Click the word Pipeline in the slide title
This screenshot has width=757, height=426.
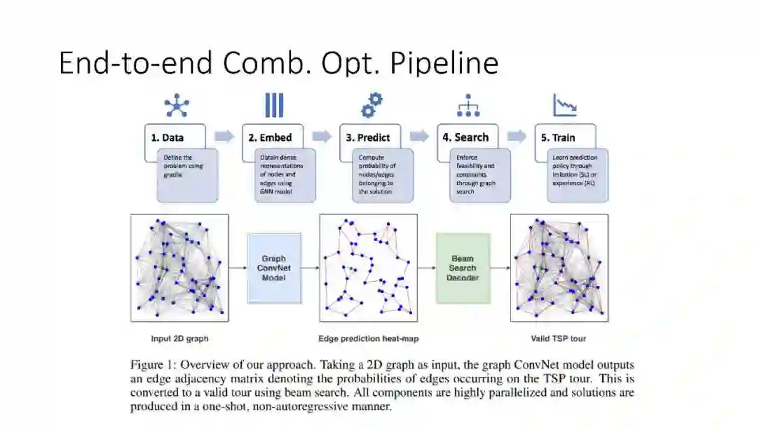(x=444, y=63)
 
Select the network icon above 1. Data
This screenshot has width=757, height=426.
(x=177, y=106)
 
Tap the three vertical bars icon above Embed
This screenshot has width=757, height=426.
(x=274, y=106)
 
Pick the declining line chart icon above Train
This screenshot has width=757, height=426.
(x=565, y=106)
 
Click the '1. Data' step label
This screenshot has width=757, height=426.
(x=168, y=137)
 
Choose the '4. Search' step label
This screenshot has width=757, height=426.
(x=465, y=137)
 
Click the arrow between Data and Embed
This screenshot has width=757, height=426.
(x=224, y=137)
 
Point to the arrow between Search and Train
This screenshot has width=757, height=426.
(x=517, y=137)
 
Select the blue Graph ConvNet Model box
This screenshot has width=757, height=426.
(x=273, y=268)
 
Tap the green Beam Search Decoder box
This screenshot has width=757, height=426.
(x=463, y=268)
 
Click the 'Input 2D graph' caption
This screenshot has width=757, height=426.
(x=180, y=339)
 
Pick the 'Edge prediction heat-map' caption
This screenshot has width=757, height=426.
(x=369, y=339)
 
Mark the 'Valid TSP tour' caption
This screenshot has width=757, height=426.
(x=559, y=339)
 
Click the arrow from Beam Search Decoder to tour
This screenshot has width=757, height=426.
(x=500, y=268)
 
